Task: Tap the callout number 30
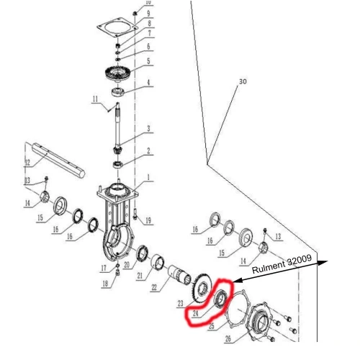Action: (243, 82)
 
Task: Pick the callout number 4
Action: (148, 84)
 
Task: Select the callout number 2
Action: (148, 152)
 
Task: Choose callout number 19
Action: (148, 220)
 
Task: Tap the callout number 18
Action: (105, 284)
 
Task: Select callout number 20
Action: (126, 265)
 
